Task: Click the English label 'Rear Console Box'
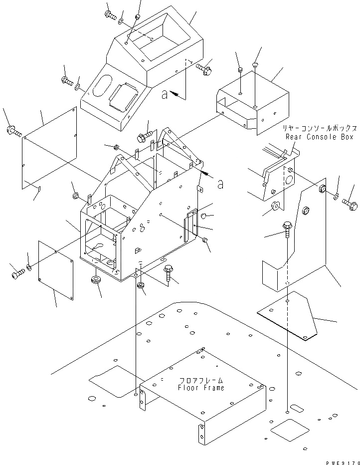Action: point(319,137)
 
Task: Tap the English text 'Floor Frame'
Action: point(201,388)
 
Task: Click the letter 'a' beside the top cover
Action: point(165,95)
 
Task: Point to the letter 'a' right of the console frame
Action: point(220,184)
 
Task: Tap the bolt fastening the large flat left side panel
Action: point(13,131)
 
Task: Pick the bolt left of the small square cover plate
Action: point(17,273)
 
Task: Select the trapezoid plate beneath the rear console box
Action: point(288,315)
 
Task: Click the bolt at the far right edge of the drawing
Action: point(351,204)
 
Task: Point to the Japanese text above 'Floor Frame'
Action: point(201,380)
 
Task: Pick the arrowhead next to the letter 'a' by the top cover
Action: point(175,93)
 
